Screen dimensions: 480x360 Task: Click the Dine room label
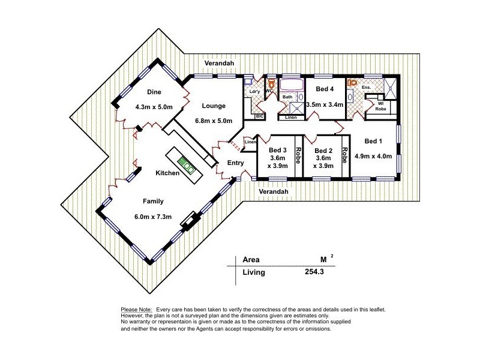click(154, 92)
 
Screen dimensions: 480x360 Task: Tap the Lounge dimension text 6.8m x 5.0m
click(214, 121)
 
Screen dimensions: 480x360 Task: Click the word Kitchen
click(167, 173)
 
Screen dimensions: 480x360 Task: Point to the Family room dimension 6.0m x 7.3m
click(153, 217)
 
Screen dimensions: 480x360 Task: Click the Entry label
click(235, 163)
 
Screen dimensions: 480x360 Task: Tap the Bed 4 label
click(325, 89)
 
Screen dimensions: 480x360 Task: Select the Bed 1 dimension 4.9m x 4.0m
click(373, 156)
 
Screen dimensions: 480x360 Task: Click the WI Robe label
click(380, 106)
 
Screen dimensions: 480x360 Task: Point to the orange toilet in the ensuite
click(353, 82)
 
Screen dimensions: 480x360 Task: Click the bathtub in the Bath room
click(292, 85)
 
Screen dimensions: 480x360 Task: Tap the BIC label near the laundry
click(259, 116)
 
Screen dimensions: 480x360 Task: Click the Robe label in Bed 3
click(298, 155)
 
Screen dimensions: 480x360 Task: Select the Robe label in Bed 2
click(344, 155)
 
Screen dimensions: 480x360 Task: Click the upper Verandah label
click(219, 63)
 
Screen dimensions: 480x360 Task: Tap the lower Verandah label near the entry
click(274, 191)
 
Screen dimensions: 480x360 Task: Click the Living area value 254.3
click(314, 272)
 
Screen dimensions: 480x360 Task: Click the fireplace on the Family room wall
click(190, 221)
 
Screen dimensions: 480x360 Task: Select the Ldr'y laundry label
click(254, 92)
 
